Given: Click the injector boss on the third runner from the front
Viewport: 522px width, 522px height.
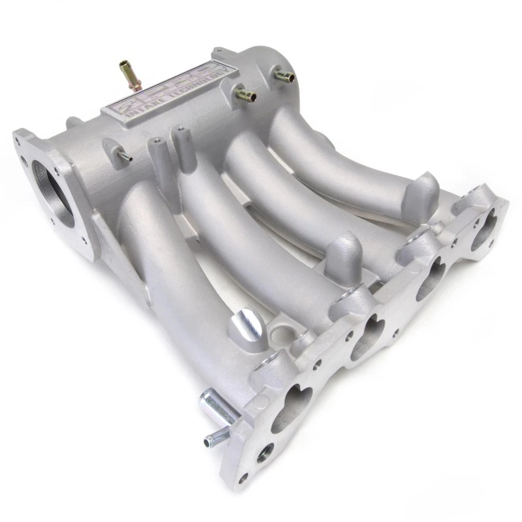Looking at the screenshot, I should pos(341,251).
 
